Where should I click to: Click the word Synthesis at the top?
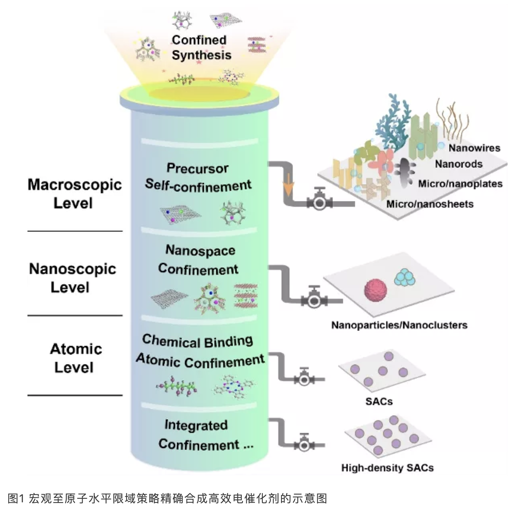[202, 55]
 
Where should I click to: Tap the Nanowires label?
[474, 148]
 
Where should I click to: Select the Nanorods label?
[459, 164]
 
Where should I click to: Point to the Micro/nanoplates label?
[460, 184]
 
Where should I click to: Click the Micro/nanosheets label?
[430, 204]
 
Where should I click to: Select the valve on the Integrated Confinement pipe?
[304, 445]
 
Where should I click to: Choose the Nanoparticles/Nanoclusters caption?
[399, 325]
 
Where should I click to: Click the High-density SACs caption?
[387, 468]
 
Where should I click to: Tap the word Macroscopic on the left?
[75, 185]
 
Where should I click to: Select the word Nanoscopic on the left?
[72, 269]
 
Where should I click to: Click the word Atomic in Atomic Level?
[76, 349]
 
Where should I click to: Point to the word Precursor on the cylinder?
[197, 168]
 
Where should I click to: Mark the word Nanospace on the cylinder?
[200, 251]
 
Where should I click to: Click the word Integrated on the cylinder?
[196, 425]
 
